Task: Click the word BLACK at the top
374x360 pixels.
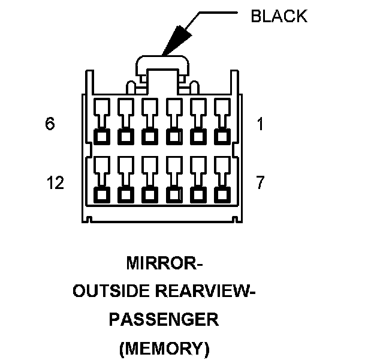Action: pyautogui.click(x=278, y=16)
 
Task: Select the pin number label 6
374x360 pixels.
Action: pyautogui.click(x=50, y=124)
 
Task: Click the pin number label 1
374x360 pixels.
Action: pyautogui.click(x=260, y=124)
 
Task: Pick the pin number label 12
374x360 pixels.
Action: pyautogui.click(x=55, y=183)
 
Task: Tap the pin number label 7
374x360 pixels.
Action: pyautogui.click(x=260, y=183)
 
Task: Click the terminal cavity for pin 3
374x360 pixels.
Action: pyautogui.click(x=174, y=136)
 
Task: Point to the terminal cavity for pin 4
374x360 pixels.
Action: pyautogui.click(x=150, y=136)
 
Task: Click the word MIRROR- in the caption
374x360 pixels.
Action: pyautogui.click(x=163, y=264)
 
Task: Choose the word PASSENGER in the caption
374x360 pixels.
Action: pyautogui.click(x=163, y=319)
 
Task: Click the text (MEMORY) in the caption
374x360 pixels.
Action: pyautogui.click(x=163, y=347)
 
